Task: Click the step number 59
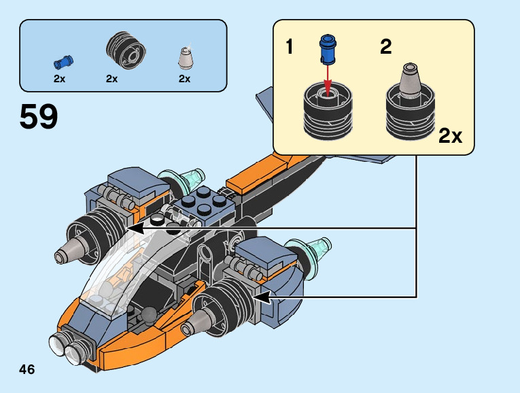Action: coord(39,116)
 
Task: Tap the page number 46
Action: coord(27,369)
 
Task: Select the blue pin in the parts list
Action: coord(63,62)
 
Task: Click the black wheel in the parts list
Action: coord(126,50)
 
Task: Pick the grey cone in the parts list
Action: coord(186,58)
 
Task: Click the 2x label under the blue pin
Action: coord(59,79)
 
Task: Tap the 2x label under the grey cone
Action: coord(185,79)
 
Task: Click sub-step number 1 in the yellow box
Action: coord(290,46)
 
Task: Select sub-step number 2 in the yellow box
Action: coord(385,46)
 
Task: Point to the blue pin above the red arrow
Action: coord(328,50)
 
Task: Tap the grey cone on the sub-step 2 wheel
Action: coord(411,81)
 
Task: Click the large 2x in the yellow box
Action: coord(450,135)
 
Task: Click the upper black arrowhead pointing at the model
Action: coord(135,228)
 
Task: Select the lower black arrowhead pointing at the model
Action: coord(262,297)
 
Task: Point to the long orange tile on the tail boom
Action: coord(257,175)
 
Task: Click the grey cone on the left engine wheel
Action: coord(71,250)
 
